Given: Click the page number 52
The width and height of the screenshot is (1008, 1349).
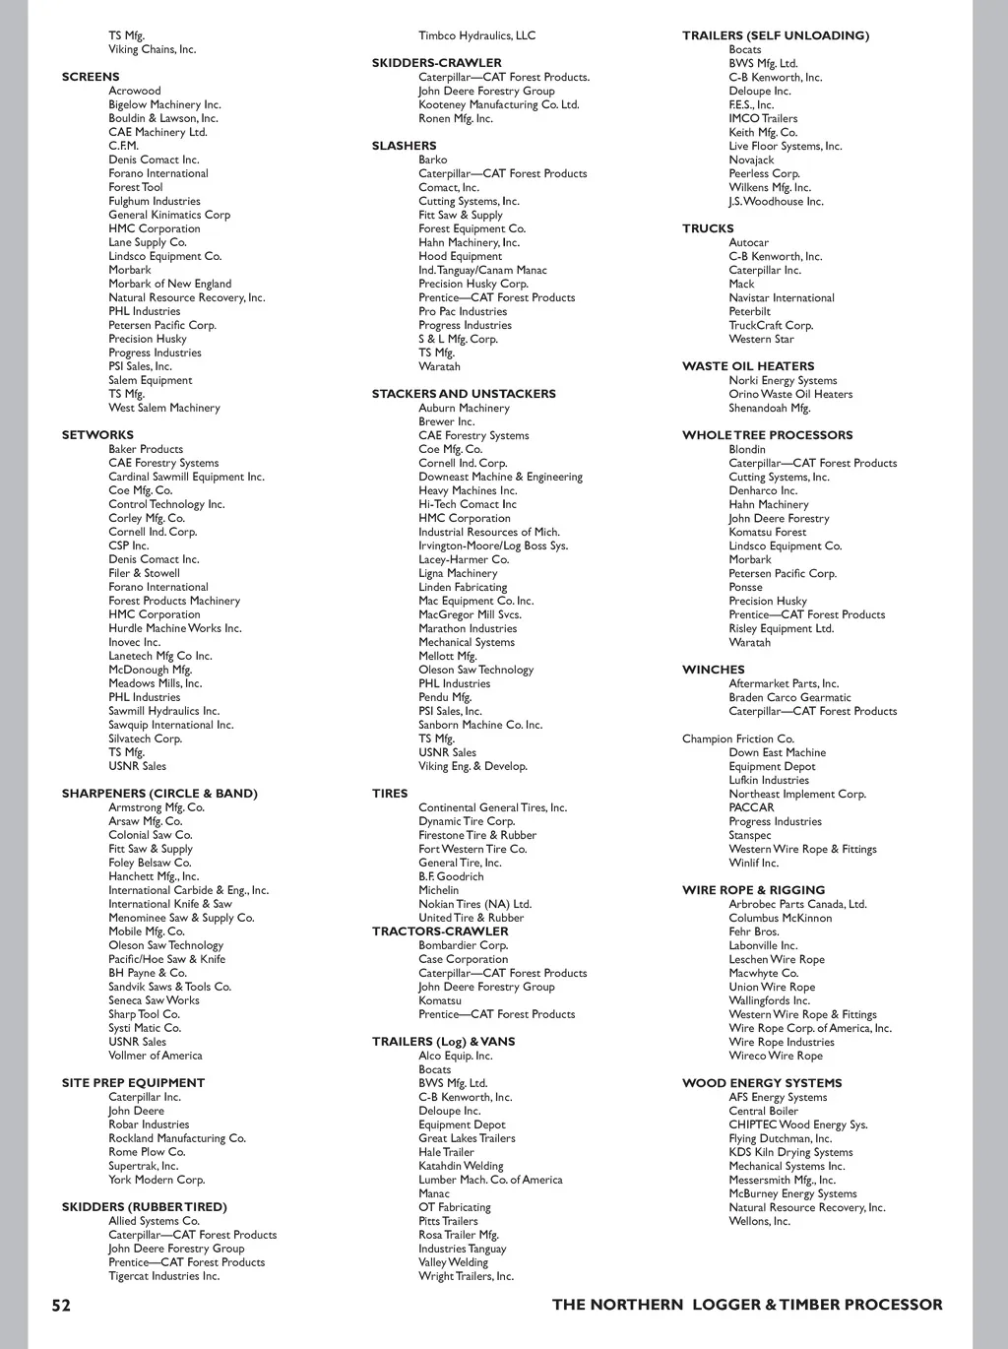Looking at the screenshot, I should coord(61,1306).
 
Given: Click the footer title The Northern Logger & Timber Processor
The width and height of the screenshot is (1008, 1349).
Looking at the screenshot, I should coord(747,1305).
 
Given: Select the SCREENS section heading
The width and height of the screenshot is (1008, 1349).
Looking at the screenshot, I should coord(91,77).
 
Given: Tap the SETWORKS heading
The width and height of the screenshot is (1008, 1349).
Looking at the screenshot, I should coord(97,435).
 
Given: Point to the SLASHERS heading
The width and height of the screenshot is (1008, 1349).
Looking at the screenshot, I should coord(404,146).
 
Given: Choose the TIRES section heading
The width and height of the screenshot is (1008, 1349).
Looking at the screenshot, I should coord(390,794).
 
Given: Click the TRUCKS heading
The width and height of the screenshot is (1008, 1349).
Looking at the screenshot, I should coord(708,228).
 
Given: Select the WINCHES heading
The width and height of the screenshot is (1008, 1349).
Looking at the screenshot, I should coord(714,670).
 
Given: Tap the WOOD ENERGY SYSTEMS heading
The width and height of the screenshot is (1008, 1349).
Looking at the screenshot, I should coord(762,1083).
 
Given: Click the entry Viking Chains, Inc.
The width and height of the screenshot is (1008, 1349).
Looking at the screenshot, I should coord(152,49).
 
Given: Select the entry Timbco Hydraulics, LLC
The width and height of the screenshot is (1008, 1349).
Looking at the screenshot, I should coord(476,35).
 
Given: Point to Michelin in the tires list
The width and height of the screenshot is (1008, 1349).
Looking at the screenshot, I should coord(438,890).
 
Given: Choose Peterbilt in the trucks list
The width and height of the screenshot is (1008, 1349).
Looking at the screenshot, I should coord(749,311).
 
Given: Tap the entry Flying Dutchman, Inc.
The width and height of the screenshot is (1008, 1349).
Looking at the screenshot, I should coord(780,1138).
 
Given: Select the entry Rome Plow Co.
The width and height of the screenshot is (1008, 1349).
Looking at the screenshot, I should coord(147,1152).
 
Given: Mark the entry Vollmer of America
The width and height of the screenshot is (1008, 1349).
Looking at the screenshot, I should coord(155,1056).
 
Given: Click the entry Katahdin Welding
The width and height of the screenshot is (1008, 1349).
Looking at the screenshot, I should coord(461,1166).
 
